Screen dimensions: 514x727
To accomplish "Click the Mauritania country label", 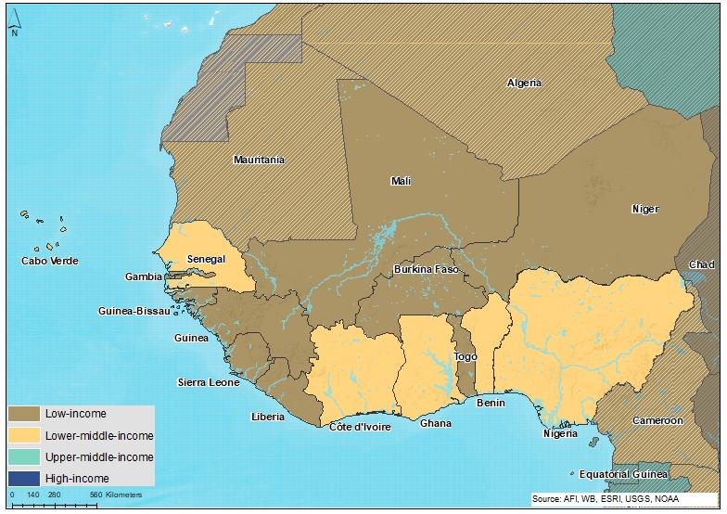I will [259, 160].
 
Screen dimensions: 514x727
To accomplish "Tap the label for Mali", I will [401, 181].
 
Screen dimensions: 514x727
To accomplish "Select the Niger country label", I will [644, 209].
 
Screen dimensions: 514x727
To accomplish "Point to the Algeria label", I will [525, 84].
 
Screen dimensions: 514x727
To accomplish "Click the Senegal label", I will [206, 259].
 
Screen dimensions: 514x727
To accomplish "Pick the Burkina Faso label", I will [427, 269].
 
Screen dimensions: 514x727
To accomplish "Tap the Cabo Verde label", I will [49, 261].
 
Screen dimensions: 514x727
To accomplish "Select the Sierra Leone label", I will [208, 382].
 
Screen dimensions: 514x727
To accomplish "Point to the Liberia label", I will [267, 417].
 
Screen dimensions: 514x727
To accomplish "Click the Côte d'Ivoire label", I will [360, 427].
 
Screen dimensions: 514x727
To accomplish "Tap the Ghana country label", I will [436, 423].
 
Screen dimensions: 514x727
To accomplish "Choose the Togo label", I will [465, 356].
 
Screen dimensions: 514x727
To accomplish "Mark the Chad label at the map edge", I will [702, 264].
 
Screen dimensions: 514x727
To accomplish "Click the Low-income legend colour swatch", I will [24, 413].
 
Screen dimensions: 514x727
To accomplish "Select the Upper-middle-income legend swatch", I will [24, 456].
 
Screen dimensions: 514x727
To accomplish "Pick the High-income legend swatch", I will [24, 478].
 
